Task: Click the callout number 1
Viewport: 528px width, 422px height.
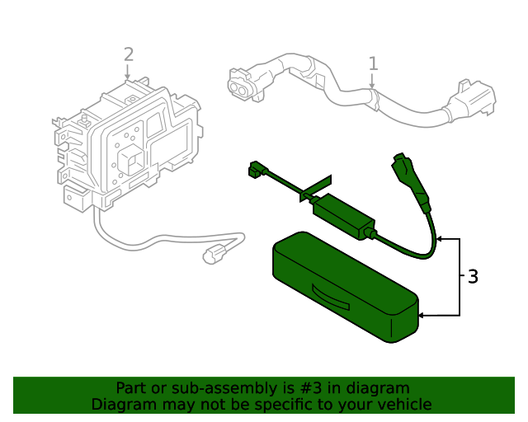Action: (373, 63)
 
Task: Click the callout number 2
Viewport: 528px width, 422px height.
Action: (128, 54)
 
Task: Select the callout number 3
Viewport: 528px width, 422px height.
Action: (473, 277)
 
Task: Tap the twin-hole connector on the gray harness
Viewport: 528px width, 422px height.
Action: (240, 84)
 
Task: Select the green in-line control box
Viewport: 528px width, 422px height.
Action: (343, 213)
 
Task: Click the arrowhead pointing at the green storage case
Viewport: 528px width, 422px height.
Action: (422, 315)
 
